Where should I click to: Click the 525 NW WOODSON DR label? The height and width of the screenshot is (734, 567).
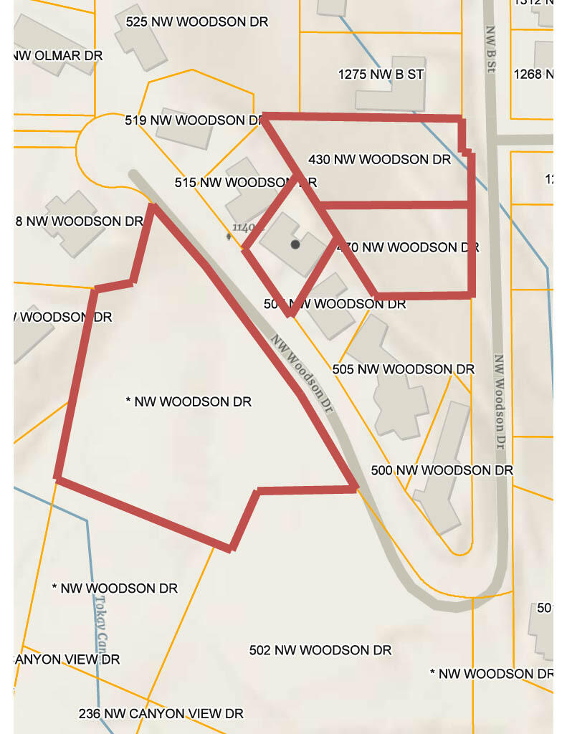196,22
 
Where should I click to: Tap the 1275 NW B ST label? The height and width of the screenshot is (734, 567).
381,74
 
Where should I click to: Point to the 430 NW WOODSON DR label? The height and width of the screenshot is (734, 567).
379,158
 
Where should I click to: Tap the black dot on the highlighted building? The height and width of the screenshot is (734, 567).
295,244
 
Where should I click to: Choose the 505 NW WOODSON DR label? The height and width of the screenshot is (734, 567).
403,369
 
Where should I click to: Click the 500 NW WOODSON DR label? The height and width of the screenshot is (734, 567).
442,470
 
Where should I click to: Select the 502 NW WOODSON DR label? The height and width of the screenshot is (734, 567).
320,650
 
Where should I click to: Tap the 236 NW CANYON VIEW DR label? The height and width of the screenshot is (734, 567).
161,713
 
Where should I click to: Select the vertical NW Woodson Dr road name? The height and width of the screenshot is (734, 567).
500,398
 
